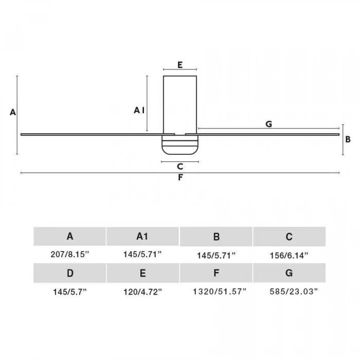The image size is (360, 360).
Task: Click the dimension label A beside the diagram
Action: (13, 112)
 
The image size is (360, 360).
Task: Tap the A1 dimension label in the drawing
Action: (139, 110)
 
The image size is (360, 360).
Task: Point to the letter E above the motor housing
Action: (180, 65)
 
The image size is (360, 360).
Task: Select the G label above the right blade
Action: (268, 124)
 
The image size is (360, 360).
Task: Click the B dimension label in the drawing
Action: (348, 139)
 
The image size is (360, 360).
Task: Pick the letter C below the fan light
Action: (180, 167)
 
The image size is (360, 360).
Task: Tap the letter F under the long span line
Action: (181, 177)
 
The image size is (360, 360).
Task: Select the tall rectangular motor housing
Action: (180, 105)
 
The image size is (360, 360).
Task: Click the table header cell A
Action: (70, 236)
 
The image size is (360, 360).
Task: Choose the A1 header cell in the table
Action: (142, 236)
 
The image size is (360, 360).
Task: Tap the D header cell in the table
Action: (70, 273)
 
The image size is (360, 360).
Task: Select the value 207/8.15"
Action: (70, 255)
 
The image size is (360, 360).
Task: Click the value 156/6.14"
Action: (289, 255)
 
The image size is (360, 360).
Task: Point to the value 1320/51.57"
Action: (220, 292)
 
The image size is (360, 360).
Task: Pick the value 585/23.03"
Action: (294, 292)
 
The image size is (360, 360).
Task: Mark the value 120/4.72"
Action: (143, 292)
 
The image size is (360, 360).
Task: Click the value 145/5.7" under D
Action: (70, 292)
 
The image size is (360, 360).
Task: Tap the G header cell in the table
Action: (289, 273)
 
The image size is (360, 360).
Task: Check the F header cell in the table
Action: (216, 273)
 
